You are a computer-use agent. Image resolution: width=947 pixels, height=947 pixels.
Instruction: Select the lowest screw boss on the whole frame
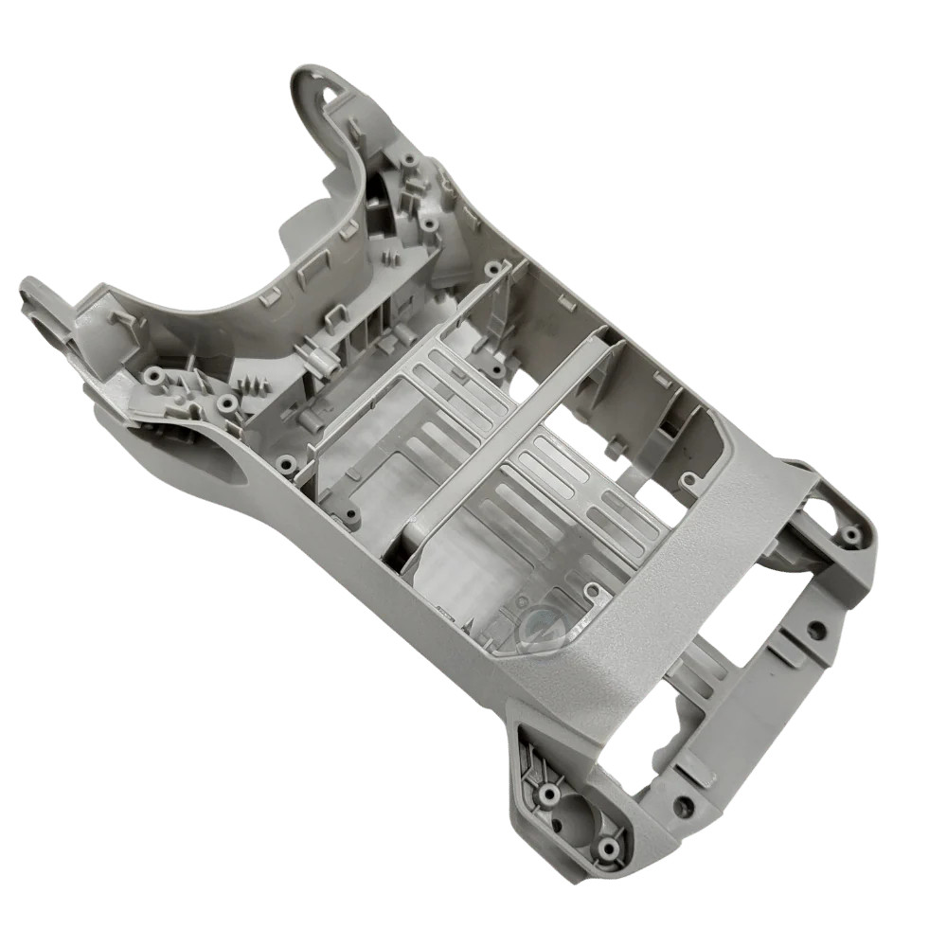pyautogui.click(x=609, y=846)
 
